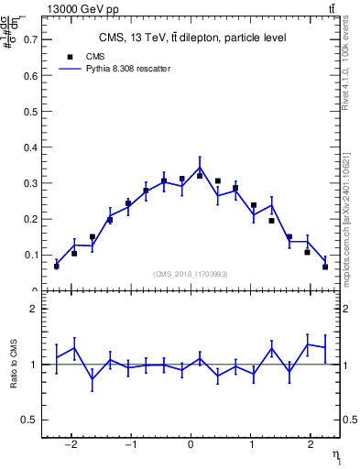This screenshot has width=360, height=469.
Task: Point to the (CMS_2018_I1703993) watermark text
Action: (191, 275)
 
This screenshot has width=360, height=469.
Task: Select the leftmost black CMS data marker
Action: (57, 266)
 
